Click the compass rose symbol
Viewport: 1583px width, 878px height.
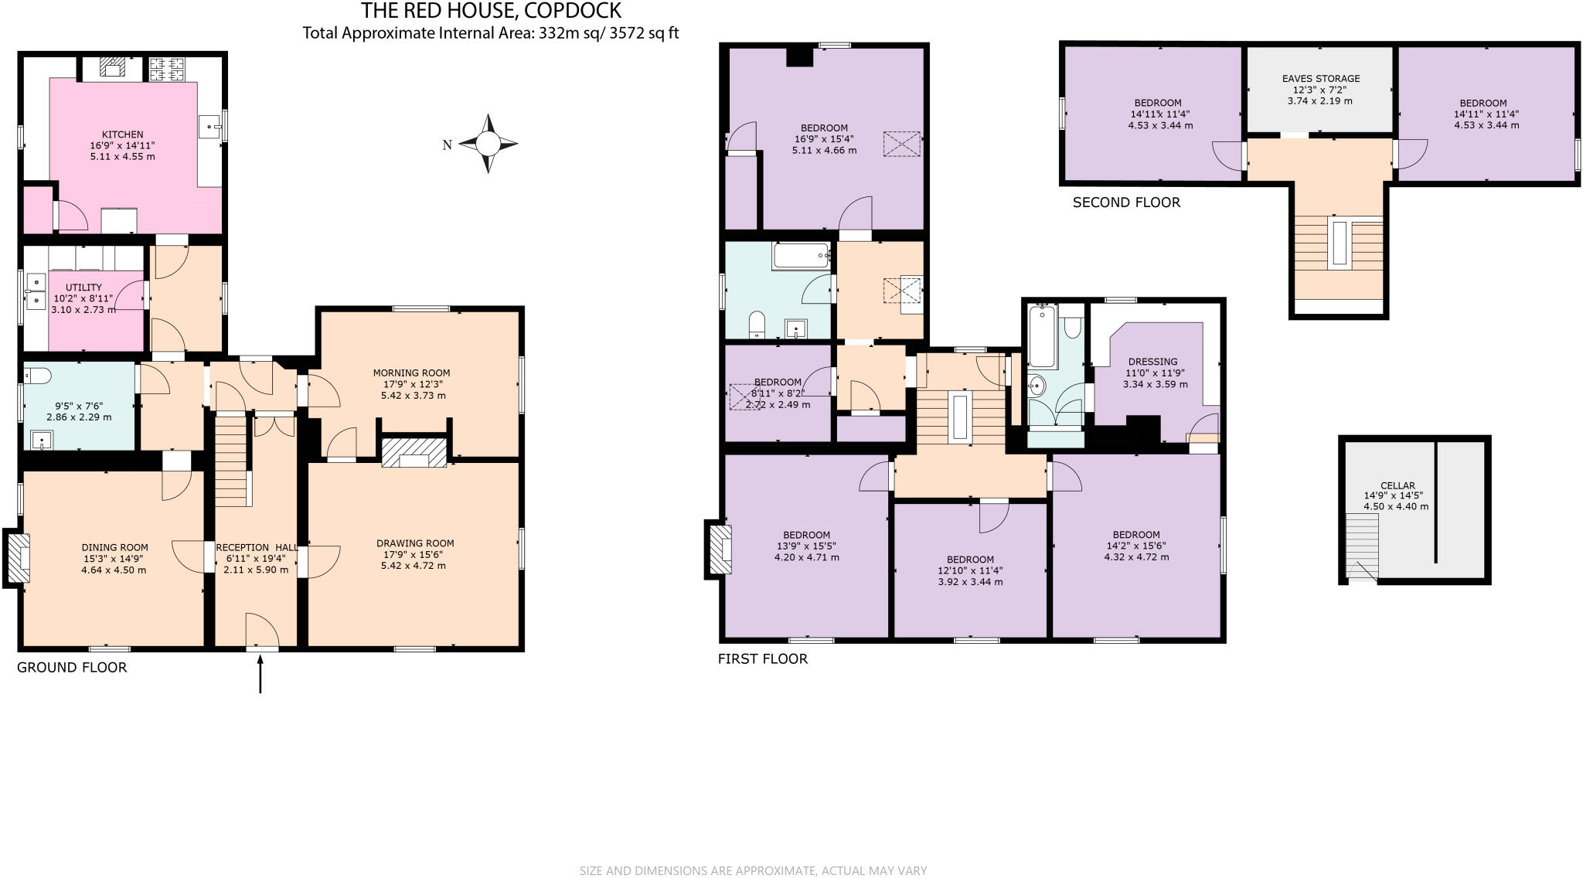(488, 144)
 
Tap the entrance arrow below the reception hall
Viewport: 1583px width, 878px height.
(260, 673)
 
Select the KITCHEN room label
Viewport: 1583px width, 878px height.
(122, 134)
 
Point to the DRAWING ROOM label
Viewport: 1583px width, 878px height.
(415, 543)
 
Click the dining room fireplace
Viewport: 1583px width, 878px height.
(18, 556)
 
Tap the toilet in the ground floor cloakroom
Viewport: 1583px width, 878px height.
(37, 376)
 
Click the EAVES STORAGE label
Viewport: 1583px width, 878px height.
(1320, 78)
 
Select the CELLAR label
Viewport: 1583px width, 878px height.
(1397, 485)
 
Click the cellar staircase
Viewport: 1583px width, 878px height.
(1362, 546)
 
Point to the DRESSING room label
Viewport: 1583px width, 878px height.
(1152, 361)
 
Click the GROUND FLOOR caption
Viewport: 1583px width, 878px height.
(72, 667)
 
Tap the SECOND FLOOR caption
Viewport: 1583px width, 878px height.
(1126, 202)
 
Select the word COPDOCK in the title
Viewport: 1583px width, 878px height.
(573, 11)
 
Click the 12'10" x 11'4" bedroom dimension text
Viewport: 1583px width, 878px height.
(970, 570)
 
